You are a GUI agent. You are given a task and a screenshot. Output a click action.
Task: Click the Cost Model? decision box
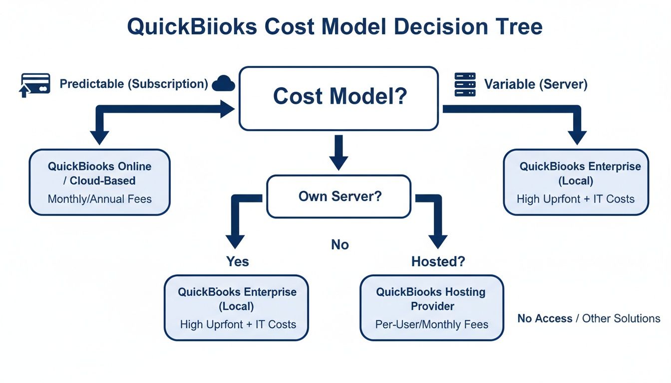pos(339,98)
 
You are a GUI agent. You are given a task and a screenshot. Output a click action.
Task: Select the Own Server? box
pos(339,196)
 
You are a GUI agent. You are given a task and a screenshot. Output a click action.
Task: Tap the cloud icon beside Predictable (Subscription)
pos(224,83)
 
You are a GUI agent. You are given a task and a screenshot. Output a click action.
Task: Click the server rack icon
pos(465,84)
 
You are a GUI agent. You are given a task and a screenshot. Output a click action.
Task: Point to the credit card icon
pos(35,84)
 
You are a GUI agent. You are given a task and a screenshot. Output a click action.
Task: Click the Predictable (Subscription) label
pos(134,84)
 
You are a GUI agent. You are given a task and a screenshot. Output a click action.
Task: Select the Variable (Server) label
pos(536,84)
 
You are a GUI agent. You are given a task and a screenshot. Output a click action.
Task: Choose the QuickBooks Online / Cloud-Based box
pos(99,182)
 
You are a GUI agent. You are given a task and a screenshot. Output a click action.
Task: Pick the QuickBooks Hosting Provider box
pos(431,307)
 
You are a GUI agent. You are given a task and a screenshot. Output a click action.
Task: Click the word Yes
pos(238,261)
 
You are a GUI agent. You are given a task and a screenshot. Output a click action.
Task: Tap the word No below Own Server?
pos(340,245)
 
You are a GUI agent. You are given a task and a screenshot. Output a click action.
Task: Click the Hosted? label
pos(438,261)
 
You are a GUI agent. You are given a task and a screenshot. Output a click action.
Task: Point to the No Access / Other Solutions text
pos(589,318)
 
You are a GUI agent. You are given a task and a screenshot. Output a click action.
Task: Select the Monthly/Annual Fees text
pos(99,199)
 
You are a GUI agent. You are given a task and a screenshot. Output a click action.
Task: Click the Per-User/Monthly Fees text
pos(431,324)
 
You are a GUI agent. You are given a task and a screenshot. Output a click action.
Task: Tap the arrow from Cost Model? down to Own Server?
pos(339,152)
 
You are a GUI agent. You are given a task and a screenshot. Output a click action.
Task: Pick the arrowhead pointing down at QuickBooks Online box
pos(100,137)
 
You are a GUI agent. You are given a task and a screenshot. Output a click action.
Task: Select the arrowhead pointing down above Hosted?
pos(438,240)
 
